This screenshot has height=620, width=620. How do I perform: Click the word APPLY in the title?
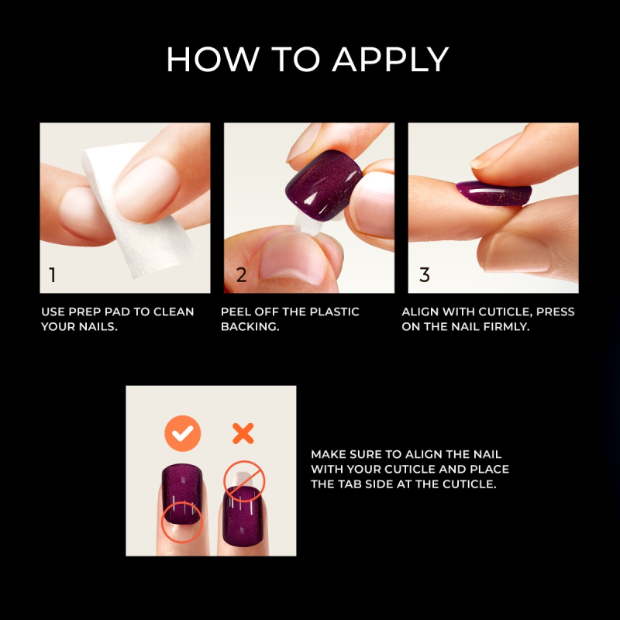(x=390, y=60)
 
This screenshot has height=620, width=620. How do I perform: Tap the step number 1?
(x=53, y=274)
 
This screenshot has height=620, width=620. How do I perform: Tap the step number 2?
(x=241, y=274)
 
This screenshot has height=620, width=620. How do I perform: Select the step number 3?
(x=424, y=274)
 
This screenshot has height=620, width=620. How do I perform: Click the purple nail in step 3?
(x=493, y=193)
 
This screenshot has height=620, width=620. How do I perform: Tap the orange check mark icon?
(x=182, y=433)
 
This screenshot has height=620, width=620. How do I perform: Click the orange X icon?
(x=243, y=433)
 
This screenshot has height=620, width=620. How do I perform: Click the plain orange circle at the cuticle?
(x=181, y=521)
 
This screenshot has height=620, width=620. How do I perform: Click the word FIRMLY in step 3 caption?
(x=508, y=327)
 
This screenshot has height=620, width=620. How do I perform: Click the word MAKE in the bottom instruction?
(x=326, y=454)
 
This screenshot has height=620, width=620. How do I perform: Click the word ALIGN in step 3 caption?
(x=420, y=312)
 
